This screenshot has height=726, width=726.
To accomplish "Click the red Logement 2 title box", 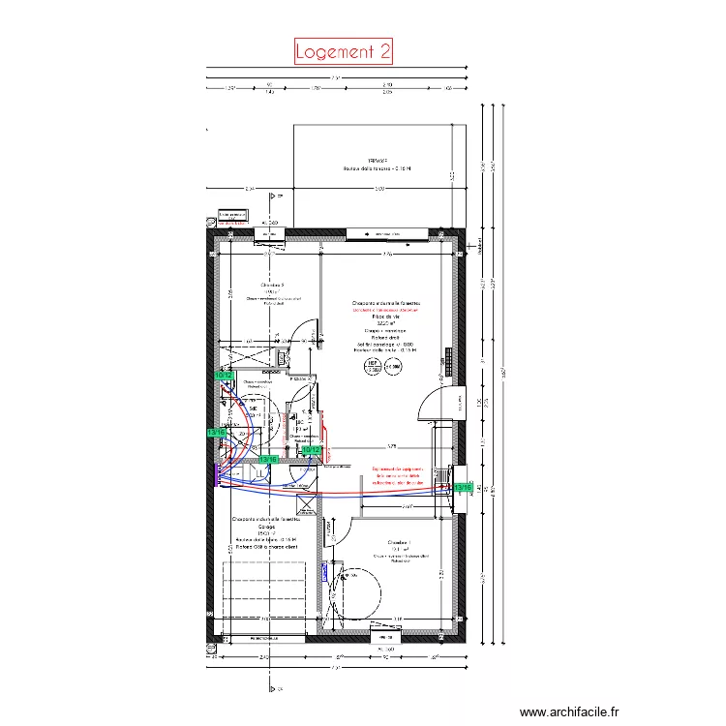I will click(x=343, y=51).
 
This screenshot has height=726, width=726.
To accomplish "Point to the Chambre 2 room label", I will click(x=271, y=286).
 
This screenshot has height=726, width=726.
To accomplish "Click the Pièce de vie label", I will click(x=386, y=317).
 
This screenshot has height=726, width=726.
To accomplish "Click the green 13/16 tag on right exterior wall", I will click(x=464, y=488).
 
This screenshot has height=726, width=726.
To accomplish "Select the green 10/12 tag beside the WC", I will click(x=311, y=449).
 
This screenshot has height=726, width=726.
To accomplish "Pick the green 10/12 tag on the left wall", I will click(x=224, y=376).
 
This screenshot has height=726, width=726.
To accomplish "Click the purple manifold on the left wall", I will click(x=214, y=475).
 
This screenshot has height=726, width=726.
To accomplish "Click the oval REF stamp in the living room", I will click(x=372, y=367).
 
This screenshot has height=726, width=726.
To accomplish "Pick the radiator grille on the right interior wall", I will click(x=448, y=359).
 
